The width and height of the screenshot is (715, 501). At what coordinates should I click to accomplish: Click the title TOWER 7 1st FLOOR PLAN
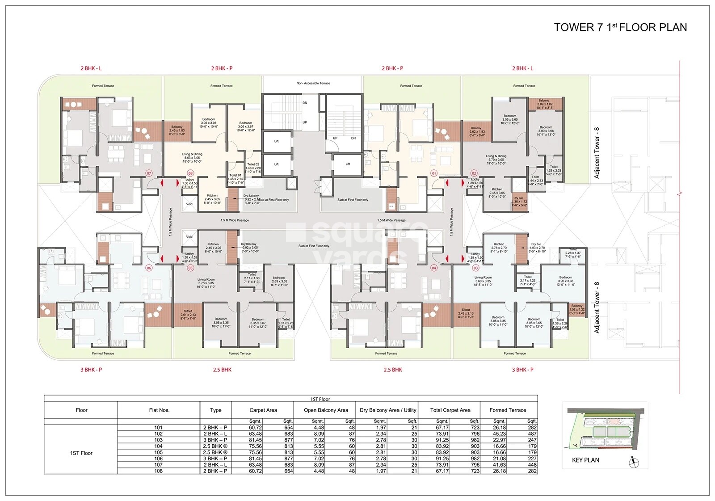tap(620, 27)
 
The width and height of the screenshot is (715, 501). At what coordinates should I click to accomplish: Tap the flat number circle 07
tap(149, 173)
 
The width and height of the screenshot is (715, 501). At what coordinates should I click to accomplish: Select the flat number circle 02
tap(474, 173)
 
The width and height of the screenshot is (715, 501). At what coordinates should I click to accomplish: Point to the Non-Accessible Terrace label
tap(313, 83)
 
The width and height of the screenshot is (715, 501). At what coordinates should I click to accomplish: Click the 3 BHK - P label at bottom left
tap(91, 370)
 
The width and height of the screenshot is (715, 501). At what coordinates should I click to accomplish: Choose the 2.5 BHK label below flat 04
tap(393, 370)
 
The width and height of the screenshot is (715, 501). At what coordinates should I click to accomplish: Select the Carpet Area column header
tap(263, 410)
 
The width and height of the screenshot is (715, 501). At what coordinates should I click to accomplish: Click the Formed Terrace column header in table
tap(508, 410)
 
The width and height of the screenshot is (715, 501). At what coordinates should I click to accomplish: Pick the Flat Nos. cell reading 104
tap(159, 446)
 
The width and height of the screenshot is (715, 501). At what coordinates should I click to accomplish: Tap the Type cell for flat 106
tap(215, 459)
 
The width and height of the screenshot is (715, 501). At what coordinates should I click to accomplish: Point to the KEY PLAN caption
tap(585, 460)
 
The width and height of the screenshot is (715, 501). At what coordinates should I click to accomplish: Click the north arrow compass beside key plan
tap(633, 462)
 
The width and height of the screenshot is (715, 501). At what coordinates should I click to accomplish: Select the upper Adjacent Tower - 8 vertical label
tap(597, 153)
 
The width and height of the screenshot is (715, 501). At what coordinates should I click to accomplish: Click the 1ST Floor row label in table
tap(81, 453)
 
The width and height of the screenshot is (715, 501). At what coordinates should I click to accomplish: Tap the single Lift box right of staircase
tap(348, 164)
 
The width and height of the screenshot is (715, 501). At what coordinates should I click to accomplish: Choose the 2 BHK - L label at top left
tap(91, 68)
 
